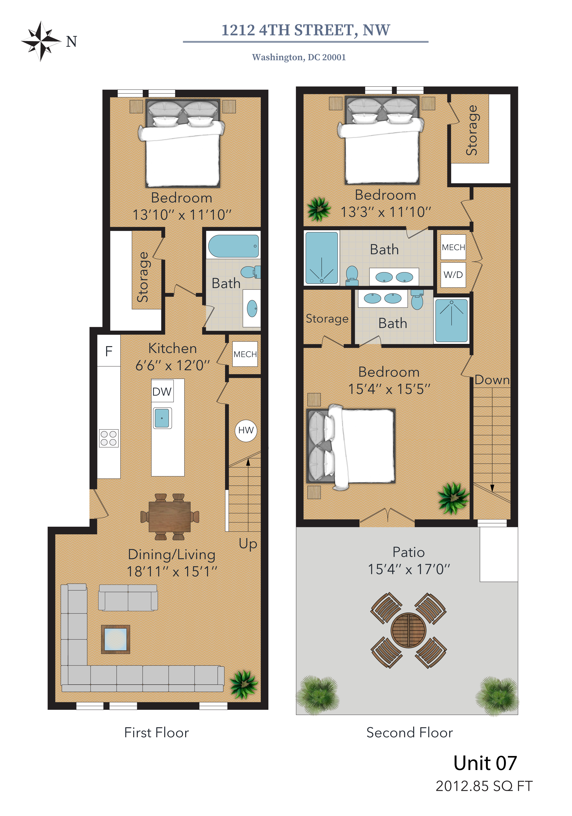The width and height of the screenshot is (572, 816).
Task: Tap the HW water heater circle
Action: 246,431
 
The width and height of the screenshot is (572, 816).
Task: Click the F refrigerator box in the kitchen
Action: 109,351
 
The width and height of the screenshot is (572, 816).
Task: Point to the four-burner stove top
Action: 109,438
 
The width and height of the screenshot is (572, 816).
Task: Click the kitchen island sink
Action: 162,418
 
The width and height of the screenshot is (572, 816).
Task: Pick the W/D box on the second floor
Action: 453,275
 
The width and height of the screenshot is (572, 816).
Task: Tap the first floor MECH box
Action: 245,354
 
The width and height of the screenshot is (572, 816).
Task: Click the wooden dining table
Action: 170,516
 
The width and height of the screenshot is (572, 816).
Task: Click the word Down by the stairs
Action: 492,380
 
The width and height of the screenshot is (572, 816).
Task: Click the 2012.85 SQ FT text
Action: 484,786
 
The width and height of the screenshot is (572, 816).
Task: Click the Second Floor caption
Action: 410,733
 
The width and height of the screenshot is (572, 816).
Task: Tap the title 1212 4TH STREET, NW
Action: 306,30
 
